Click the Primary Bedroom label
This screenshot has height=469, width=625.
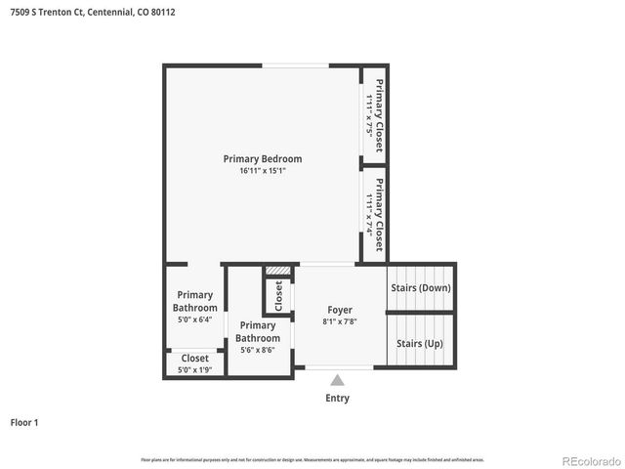(262, 158)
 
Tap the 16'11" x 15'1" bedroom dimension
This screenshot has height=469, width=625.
(262, 171)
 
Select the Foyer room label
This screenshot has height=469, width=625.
(340, 310)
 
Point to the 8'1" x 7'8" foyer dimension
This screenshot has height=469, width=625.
(340, 321)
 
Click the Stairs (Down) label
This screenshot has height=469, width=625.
(421, 288)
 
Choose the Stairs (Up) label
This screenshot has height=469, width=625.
(420, 344)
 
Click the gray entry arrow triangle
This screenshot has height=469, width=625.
(337, 381)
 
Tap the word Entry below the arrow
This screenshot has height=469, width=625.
(337, 398)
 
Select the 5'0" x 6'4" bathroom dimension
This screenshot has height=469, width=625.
(194, 320)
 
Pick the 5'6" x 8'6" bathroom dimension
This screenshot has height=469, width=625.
(258, 350)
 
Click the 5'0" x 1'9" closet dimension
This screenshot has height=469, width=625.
(194, 370)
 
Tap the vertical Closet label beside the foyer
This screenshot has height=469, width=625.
(278, 296)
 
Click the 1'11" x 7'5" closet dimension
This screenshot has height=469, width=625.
(369, 114)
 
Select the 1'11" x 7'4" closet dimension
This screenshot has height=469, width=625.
(369, 211)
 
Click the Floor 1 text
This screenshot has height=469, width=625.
(24, 423)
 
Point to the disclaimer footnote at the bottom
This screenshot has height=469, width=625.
(312, 459)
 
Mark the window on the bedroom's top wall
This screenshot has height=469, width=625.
(294, 66)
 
